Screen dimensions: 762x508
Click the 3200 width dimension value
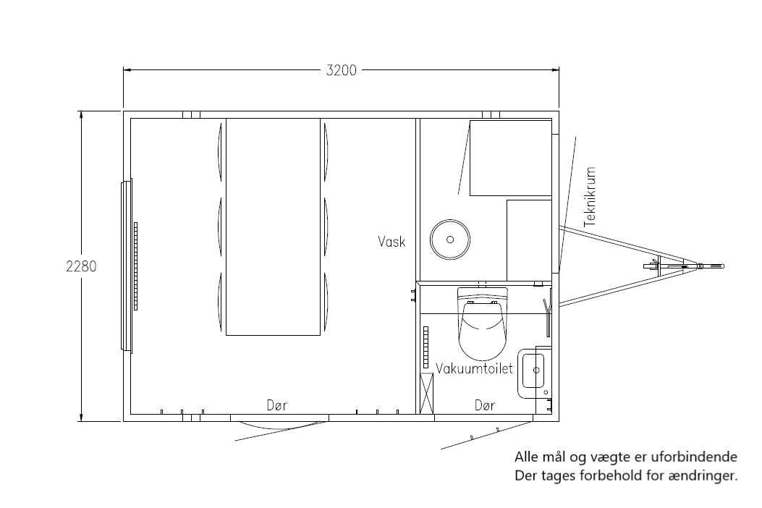coord(341,70)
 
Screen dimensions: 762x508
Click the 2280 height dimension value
coord(81,266)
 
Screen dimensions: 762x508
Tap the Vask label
coord(391,242)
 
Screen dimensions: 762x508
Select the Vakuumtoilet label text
coord(474,368)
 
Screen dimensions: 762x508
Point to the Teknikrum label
coord(590,197)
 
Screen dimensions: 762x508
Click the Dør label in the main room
coord(277,405)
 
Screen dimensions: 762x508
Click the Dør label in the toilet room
coord(485,405)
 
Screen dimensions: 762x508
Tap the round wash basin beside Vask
coord(450,240)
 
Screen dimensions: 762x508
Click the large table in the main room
coord(273,227)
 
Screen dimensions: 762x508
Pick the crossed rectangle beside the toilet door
coord(426,394)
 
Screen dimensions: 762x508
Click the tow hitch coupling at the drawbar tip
coord(709,266)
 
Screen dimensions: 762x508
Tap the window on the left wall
coord(126,266)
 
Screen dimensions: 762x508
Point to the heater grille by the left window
coord(135,266)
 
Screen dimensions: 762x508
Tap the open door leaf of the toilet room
coord(487,435)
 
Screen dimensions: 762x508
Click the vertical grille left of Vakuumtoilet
coord(426,347)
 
